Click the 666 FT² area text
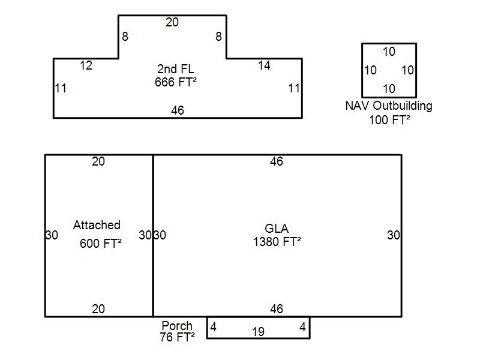(x=175, y=82)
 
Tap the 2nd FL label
(x=175, y=69)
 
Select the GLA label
(x=277, y=229)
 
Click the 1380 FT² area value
(x=277, y=242)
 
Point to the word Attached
(x=97, y=225)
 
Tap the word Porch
(x=177, y=326)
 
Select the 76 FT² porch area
(x=177, y=337)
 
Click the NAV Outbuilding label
(x=389, y=106)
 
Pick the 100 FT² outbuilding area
(x=389, y=119)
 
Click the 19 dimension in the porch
(x=258, y=332)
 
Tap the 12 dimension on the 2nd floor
(x=86, y=66)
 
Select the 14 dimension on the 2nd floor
(x=264, y=66)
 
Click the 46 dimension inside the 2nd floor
(x=177, y=110)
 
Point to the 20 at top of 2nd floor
(x=172, y=23)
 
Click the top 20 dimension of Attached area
(x=98, y=161)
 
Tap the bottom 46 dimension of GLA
(x=277, y=310)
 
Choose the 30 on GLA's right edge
(x=393, y=235)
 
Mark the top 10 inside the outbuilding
(x=389, y=52)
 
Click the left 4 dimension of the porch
(x=213, y=328)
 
